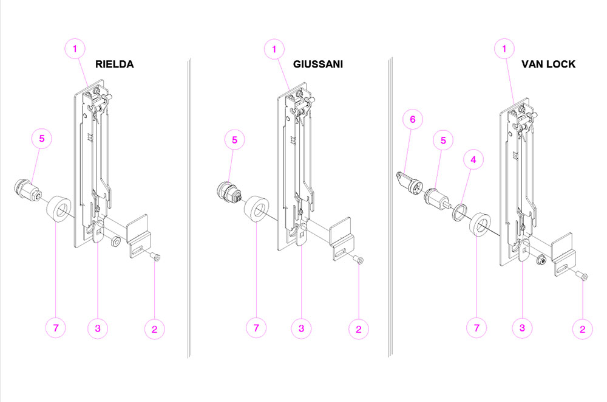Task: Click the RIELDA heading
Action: click(x=115, y=64)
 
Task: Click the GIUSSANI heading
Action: click(x=318, y=64)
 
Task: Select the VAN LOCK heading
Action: click(x=548, y=64)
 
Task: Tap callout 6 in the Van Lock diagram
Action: click(x=413, y=120)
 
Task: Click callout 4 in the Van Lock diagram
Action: click(x=473, y=159)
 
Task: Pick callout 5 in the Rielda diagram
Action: click(x=42, y=139)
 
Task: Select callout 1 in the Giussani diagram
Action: click(x=274, y=49)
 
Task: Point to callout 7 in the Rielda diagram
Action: click(x=56, y=328)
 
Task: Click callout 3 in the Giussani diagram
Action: click(x=301, y=328)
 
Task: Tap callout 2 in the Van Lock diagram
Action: click(x=582, y=330)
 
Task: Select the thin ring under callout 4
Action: click(x=459, y=212)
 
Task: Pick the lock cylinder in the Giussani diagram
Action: click(x=229, y=192)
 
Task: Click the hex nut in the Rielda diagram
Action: click(x=115, y=241)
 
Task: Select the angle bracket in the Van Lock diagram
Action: click(x=563, y=255)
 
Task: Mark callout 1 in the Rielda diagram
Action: click(x=75, y=49)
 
